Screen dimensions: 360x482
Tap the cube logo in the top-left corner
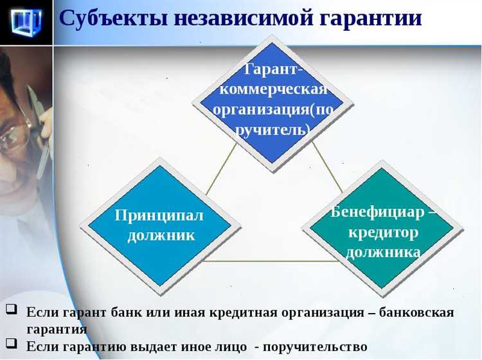click(26, 22)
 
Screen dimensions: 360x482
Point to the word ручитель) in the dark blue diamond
click(273, 129)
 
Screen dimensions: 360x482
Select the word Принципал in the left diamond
click(159, 215)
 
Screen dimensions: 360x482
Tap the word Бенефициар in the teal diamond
click(378, 212)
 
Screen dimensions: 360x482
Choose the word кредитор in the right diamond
click(383, 231)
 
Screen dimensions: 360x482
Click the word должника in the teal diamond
click(383, 251)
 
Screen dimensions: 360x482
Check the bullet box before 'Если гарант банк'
click(11, 309)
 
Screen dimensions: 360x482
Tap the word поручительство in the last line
click(314, 346)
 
